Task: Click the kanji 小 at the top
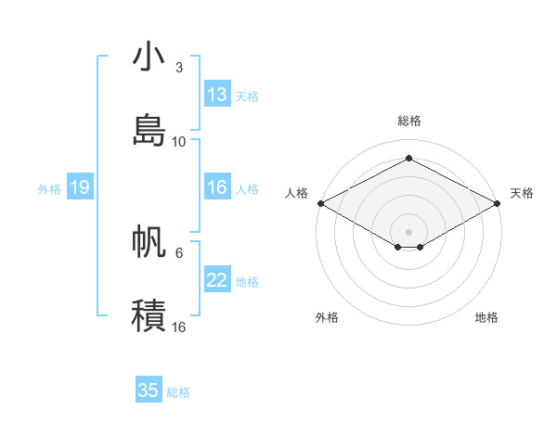tap(149, 57)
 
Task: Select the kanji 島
tap(149, 130)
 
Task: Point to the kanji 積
tap(149, 315)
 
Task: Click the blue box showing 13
tap(217, 95)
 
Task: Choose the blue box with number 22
tap(217, 281)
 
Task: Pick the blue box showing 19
tap(79, 188)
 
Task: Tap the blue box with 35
tap(149, 391)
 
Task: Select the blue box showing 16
tap(217, 188)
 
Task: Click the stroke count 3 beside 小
tap(178, 68)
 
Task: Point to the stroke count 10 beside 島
tap(178, 142)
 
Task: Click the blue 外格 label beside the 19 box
tap(49, 189)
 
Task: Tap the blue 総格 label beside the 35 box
tap(178, 392)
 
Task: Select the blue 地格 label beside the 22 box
tap(247, 282)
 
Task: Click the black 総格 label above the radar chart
tap(408, 121)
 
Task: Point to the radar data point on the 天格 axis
tap(499, 203)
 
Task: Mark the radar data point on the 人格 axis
tap(319, 203)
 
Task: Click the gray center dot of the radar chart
tap(408, 230)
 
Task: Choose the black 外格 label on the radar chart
tap(327, 317)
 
